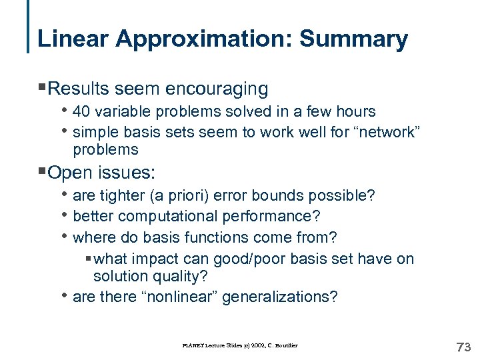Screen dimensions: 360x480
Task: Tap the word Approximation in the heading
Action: tap(205, 40)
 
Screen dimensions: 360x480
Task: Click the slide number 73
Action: tap(463, 347)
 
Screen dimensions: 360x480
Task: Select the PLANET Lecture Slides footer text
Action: tap(241, 345)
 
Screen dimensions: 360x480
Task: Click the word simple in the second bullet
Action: tap(94, 132)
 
